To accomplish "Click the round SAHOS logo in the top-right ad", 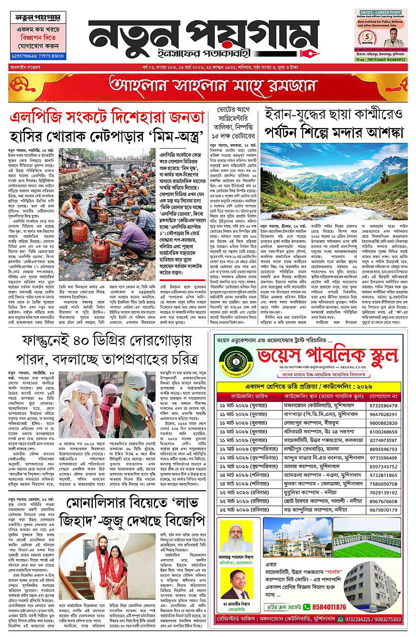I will tap(367, 35).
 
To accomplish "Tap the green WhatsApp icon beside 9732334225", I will tap(340, 619).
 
